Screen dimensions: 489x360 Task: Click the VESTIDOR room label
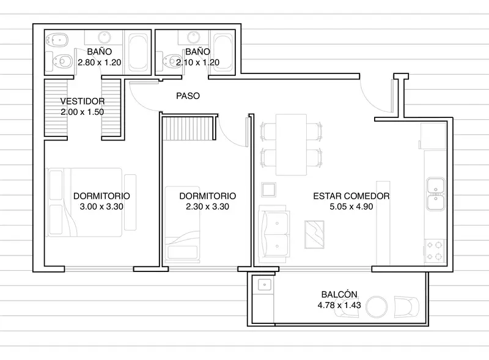83,101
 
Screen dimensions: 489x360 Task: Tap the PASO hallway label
188,96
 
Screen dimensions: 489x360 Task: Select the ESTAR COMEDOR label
351,196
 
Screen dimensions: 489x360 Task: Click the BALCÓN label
339,294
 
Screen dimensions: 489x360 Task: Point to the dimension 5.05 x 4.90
351,207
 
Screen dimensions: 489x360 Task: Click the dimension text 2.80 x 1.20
99,62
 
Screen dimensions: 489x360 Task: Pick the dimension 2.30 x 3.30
207,207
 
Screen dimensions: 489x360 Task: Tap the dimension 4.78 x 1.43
339,305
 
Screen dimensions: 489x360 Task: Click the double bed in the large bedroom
85,202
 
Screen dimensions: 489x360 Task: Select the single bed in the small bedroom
182,224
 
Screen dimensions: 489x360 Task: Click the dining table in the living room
292,145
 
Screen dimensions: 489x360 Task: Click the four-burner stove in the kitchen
435,251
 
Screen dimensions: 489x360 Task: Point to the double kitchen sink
436,194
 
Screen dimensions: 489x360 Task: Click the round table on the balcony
377,307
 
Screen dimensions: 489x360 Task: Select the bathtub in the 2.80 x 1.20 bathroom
138,53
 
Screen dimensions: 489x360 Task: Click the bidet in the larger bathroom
57,40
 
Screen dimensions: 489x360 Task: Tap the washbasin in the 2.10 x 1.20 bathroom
194,37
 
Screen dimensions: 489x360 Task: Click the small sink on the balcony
265,285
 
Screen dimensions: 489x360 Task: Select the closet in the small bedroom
189,128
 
